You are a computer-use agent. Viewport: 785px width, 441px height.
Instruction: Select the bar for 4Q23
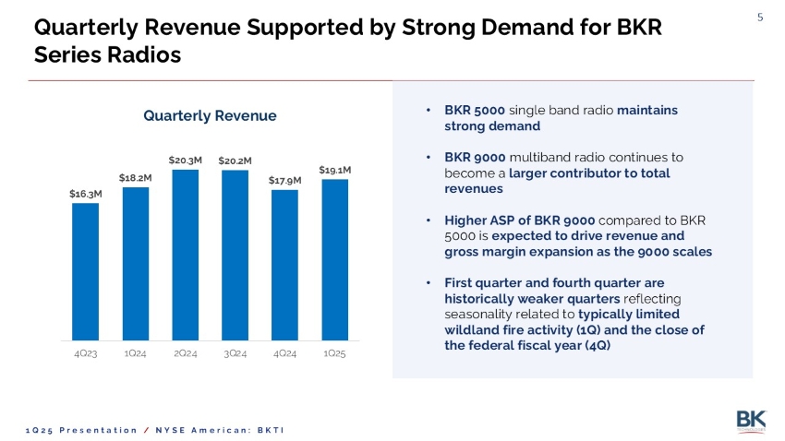point(85,271)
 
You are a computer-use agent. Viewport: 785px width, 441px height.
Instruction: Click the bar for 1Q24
point(136,264)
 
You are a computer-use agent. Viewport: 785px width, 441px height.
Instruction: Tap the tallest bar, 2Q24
point(186,255)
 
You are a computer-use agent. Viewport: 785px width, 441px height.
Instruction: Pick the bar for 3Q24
point(235,256)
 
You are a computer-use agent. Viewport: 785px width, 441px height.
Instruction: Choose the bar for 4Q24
point(285,265)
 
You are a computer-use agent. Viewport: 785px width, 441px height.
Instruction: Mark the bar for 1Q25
point(334,259)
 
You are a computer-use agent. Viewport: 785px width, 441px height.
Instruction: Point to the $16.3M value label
point(85,194)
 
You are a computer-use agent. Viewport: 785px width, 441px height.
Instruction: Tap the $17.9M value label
point(285,181)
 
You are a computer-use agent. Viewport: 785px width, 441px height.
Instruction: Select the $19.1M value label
point(334,171)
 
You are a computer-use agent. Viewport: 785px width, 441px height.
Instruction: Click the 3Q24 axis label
point(235,354)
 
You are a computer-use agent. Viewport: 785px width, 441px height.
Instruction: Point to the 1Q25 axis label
point(334,354)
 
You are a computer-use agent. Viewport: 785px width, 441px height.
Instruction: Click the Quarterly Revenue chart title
point(210,115)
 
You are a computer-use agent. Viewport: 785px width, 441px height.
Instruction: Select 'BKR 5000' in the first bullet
point(474,110)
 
